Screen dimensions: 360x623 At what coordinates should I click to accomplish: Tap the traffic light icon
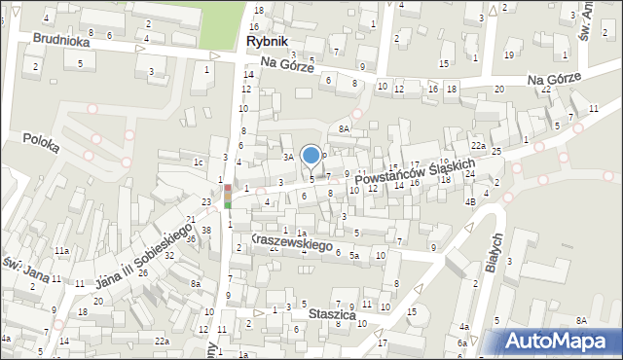(x=228, y=195)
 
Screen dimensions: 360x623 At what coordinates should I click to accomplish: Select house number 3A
(x=288, y=156)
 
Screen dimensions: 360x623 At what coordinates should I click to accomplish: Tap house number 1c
(x=198, y=162)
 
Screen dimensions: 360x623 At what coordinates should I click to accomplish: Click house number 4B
(x=469, y=201)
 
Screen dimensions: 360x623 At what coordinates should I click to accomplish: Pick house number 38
(x=205, y=231)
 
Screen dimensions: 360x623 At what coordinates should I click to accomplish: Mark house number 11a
(x=61, y=251)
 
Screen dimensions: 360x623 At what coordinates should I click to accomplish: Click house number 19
(x=509, y=54)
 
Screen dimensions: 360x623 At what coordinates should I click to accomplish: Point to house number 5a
(x=355, y=255)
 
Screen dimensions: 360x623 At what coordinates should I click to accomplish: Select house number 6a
(x=463, y=343)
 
